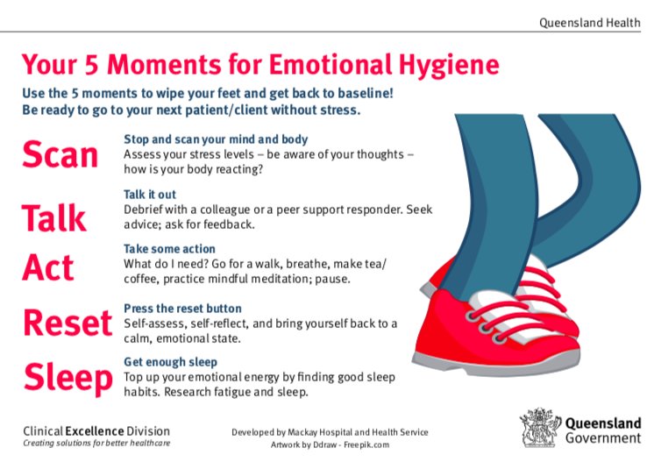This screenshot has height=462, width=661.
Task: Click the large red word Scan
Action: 60,154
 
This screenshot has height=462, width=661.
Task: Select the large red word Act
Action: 48,267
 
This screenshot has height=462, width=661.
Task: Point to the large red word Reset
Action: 68,323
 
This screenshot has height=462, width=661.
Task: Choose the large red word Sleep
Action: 68,378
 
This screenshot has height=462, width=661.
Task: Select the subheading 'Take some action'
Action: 169,249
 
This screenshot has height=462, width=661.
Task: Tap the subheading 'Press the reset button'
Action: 182,309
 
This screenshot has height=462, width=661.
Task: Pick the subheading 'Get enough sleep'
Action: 170,362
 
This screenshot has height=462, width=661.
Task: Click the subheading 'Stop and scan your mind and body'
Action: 216,139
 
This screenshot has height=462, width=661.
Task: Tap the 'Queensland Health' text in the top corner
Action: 589,22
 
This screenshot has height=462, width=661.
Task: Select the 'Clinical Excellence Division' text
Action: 96,430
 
